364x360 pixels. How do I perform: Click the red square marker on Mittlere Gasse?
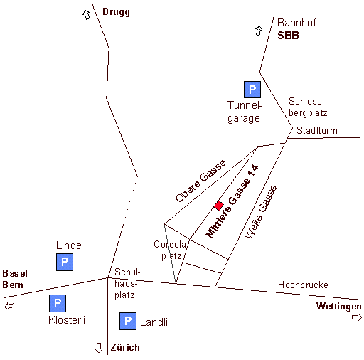[218, 206]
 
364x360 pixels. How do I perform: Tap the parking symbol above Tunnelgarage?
[252, 90]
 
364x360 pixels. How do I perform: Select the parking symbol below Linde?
[65, 262]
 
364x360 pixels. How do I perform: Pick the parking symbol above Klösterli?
[58, 303]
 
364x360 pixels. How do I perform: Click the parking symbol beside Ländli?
[128, 321]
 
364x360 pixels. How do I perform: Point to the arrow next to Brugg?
[87, 15]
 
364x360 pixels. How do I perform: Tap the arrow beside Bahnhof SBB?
[259, 31]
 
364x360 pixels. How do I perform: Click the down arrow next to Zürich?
[99, 348]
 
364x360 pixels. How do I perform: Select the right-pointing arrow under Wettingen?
[357, 317]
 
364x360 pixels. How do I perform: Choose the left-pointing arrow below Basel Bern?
[9, 306]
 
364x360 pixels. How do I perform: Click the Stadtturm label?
[317, 130]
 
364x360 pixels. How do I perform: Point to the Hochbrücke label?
[303, 285]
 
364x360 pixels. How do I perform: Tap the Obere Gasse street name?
[200, 181]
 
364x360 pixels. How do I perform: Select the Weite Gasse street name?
[261, 212]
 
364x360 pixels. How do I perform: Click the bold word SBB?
[288, 36]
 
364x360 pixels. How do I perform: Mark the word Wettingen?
[339, 306]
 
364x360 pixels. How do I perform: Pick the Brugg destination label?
[116, 12]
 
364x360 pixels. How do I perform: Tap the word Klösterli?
[67, 320]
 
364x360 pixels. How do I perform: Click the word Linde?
[69, 245]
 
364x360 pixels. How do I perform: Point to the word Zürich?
[125, 347]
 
